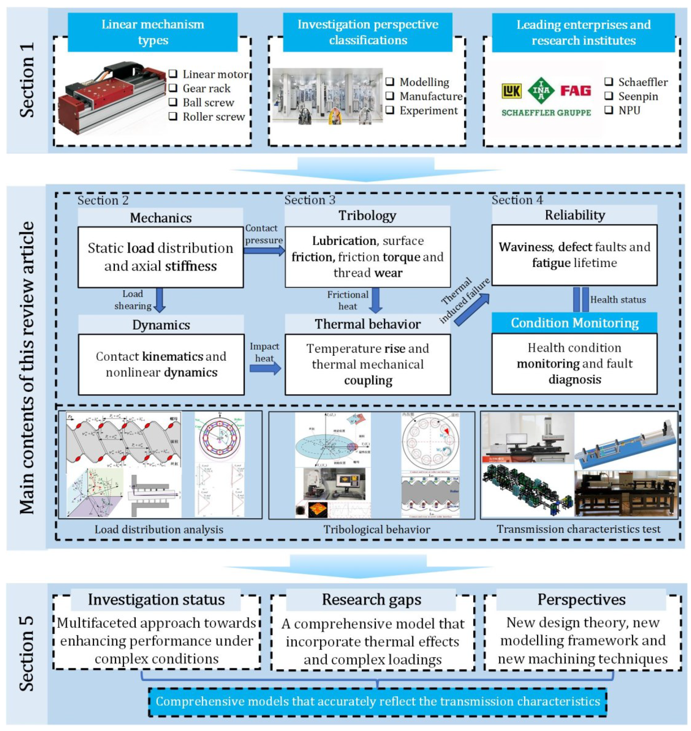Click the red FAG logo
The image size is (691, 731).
[575, 91]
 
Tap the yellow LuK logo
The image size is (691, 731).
[512, 91]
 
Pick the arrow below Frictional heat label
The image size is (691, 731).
[376, 300]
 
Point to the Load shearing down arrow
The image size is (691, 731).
[159, 300]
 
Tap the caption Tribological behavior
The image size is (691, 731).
[376, 529]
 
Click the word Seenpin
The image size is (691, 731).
[638, 97]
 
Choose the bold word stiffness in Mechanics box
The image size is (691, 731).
[191, 266]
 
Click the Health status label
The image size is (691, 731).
[618, 300]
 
